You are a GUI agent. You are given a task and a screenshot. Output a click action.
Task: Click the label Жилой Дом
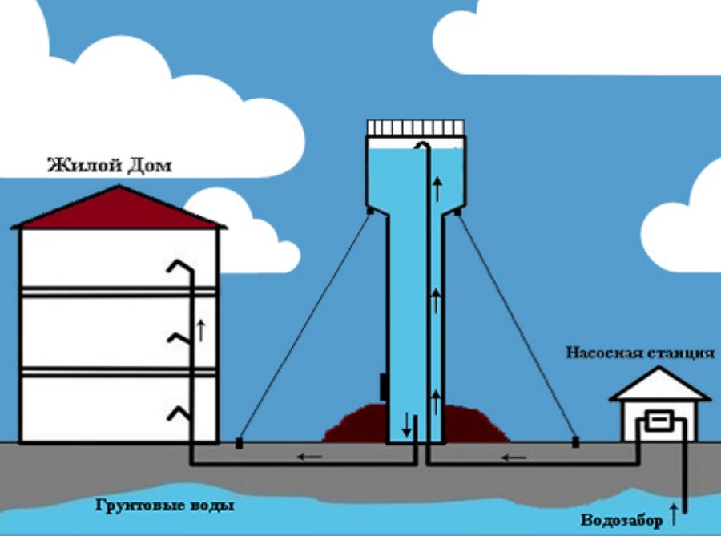[x=110, y=167]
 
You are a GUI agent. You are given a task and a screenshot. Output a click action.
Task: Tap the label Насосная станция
[x=639, y=353]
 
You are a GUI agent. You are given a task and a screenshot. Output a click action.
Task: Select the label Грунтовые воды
[x=166, y=506]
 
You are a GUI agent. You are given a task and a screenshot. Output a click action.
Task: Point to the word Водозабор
[x=622, y=520]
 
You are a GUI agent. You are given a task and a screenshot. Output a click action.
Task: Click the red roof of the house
[x=120, y=211]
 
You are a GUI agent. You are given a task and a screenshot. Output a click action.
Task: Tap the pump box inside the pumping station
[x=662, y=421]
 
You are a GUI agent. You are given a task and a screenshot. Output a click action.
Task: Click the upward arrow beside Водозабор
[x=673, y=510]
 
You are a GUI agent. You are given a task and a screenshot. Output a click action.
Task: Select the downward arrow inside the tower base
[x=406, y=425]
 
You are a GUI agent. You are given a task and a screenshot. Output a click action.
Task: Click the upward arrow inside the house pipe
[x=201, y=328]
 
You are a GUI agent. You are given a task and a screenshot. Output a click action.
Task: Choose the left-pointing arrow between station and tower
[x=514, y=458]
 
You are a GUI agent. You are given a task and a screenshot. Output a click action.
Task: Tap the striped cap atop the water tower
[x=415, y=127]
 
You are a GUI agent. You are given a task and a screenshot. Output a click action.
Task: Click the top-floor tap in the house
[x=177, y=268]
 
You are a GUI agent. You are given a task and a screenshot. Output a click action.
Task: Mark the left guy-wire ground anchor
[x=238, y=441]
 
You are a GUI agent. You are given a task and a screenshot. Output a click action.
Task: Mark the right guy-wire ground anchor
[x=574, y=441]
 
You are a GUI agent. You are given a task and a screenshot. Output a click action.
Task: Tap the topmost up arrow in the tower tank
[x=437, y=190]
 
